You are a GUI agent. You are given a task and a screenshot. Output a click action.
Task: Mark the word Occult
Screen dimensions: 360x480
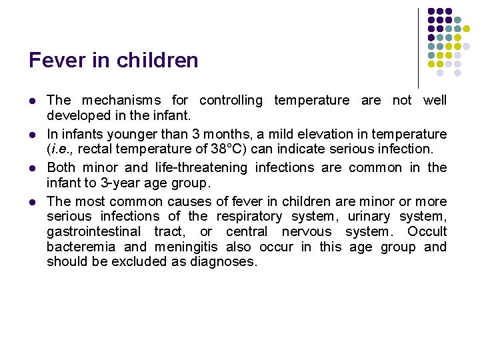427,231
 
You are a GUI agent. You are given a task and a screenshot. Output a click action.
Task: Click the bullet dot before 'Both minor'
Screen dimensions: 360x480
32,168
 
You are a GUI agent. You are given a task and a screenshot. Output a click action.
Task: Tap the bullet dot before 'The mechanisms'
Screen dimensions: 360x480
32,101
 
